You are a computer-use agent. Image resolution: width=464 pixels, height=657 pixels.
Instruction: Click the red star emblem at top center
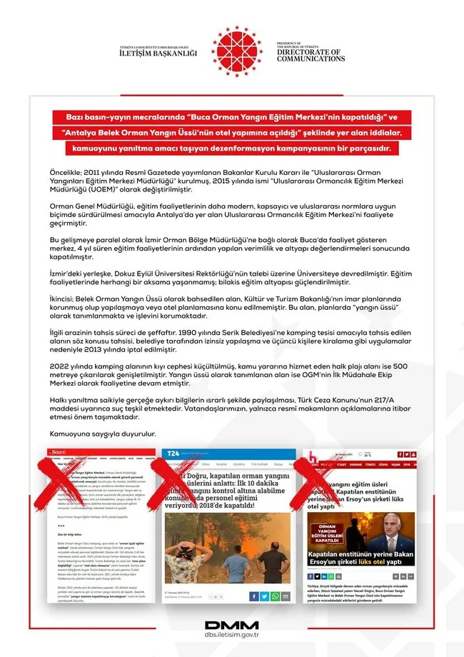(236, 51)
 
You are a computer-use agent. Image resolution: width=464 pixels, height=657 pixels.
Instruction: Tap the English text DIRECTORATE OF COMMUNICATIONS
(311, 56)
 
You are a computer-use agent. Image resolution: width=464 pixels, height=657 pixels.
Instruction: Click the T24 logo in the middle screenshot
(173, 454)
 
